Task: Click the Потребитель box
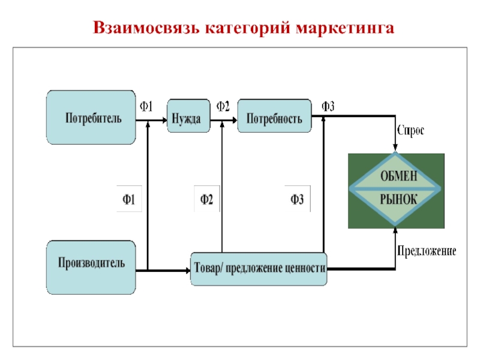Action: pos(91,118)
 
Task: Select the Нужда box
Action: pos(186,118)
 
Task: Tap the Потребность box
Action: pos(274,118)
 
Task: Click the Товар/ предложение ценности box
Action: pos(259,269)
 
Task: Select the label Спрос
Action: pos(411,130)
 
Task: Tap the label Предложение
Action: pos(425,250)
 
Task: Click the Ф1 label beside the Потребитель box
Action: pos(147,107)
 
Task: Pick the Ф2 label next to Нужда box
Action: pos(223,107)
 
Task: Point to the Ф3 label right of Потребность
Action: pos(328,107)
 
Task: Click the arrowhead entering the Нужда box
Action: pos(164,120)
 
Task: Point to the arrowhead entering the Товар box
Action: pos(187,271)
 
